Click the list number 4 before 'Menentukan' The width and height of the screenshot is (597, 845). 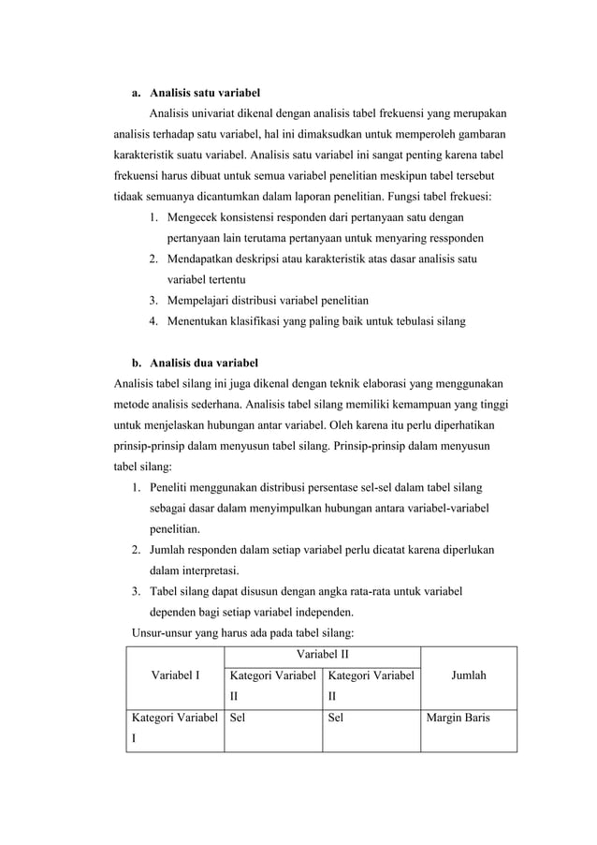[152, 321]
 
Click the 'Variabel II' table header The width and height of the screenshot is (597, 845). [322, 653]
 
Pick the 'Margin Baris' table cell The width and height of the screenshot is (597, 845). [459, 719]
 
